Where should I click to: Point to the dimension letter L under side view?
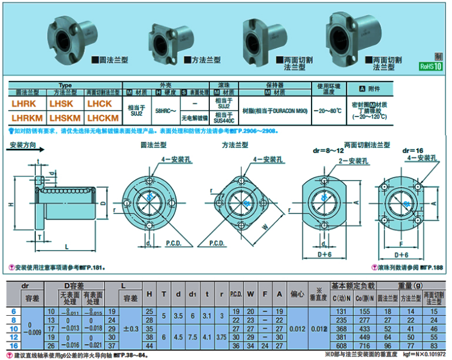[x=65, y=246]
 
